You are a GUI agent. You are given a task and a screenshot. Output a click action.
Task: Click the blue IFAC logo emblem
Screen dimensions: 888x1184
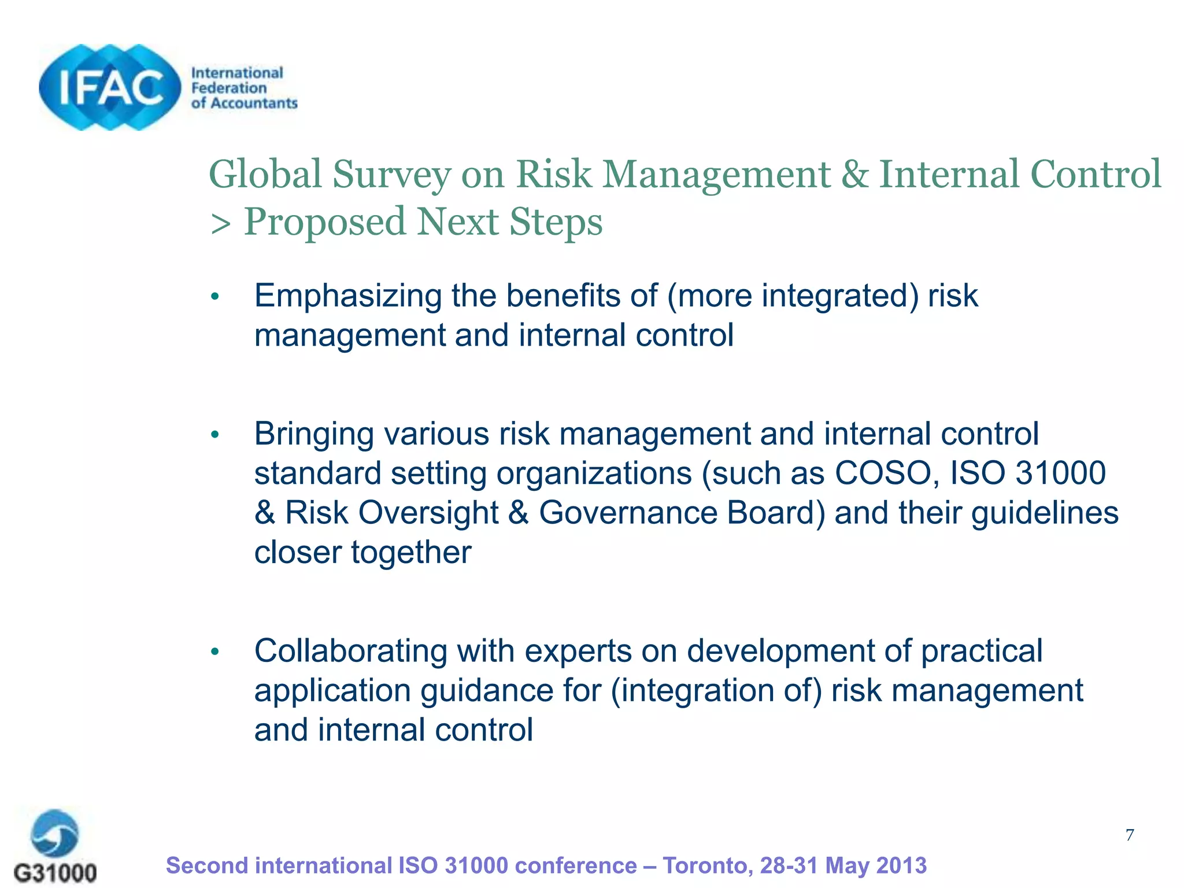tap(110, 87)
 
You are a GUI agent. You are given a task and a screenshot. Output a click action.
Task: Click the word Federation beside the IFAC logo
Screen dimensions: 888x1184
tap(229, 88)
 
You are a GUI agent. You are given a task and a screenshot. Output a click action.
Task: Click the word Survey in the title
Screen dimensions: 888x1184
tap(391, 174)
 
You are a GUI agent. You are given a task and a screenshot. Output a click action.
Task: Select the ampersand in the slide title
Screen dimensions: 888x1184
tap(854, 174)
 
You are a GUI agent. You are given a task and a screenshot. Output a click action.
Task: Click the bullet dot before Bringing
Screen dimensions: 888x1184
tap(215, 434)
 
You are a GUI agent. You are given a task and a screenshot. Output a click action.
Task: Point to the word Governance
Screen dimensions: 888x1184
tap(628, 513)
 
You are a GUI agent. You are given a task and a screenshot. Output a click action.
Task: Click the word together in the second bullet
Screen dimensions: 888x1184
tap(411, 552)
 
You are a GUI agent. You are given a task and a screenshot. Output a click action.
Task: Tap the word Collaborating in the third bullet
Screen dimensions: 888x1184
tap(351, 651)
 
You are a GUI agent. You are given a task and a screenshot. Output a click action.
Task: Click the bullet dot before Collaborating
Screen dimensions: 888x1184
tap(215, 652)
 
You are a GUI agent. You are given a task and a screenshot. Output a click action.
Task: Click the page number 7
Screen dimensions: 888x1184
tap(1130, 835)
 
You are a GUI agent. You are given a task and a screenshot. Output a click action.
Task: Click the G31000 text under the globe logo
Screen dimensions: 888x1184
tap(55, 872)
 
